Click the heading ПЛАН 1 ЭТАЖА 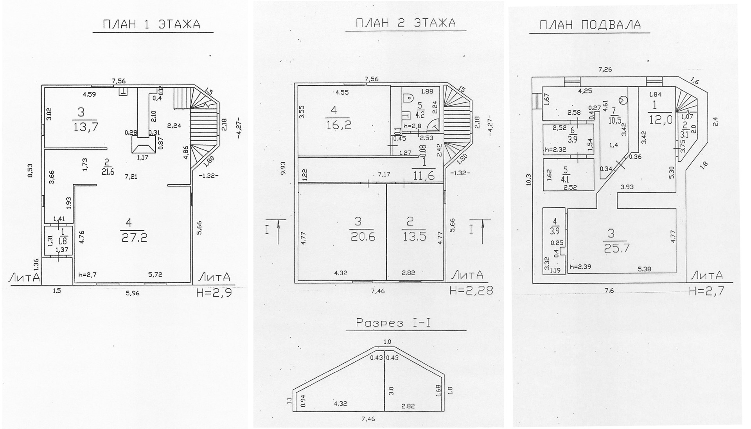pyautogui.click(x=152, y=25)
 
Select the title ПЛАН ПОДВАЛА pyautogui.click(x=590, y=25)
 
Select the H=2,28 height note pyautogui.click(x=471, y=290)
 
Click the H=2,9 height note pyautogui.click(x=214, y=292)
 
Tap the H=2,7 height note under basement pyautogui.click(x=707, y=291)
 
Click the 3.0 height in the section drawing pyautogui.click(x=391, y=391)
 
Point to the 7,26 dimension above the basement pyautogui.click(x=605, y=70)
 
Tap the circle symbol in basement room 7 pyautogui.click(x=623, y=100)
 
